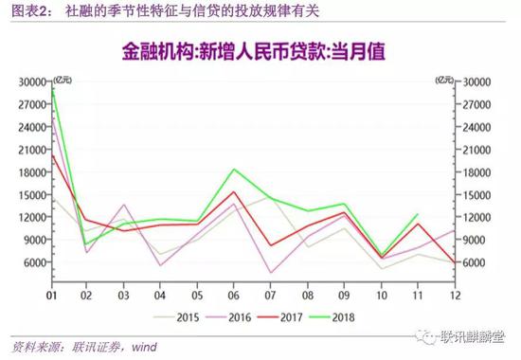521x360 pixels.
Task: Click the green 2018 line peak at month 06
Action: [x=234, y=170]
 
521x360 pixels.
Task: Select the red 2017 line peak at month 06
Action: [x=234, y=191]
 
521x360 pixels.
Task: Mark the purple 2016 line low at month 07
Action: [x=271, y=273]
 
